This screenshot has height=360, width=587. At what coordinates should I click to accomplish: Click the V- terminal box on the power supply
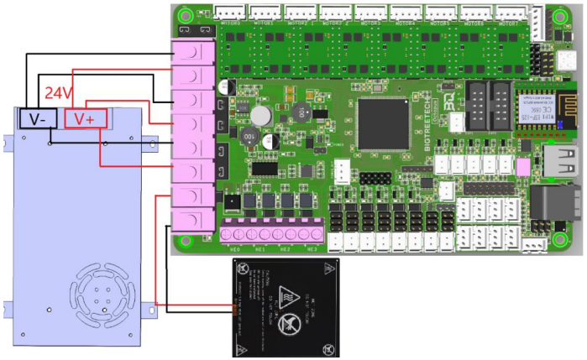click(38, 118)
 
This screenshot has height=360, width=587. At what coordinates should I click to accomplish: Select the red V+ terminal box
click(85, 118)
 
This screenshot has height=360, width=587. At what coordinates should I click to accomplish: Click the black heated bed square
click(286, 307)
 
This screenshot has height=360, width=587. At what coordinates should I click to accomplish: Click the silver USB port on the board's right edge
click(561, 164)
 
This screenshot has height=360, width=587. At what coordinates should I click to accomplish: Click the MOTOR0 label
click(229, 24)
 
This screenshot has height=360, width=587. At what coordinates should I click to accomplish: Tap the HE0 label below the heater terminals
click(235, 249)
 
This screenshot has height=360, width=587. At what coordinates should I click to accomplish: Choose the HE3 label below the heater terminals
click(312, 249)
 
